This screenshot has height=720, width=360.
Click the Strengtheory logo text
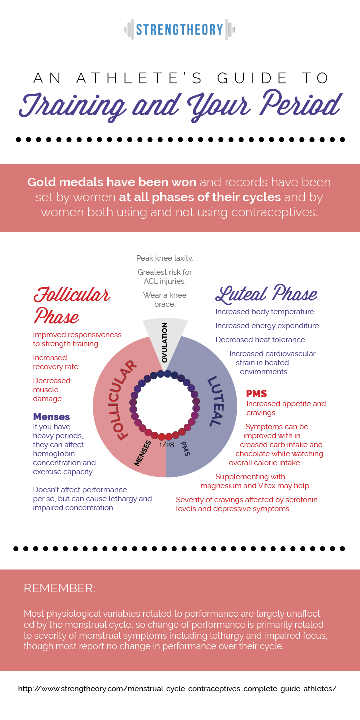[179, 29]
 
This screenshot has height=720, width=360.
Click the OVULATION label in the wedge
[165, 342]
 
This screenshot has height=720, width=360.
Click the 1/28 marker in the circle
[167, 445]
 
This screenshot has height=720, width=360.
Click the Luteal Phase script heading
[266, 295]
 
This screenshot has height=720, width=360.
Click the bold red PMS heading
[257, 394]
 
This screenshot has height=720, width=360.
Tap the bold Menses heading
[51, 417]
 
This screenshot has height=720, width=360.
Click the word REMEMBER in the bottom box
[59, 588]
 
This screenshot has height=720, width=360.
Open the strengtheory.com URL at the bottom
[177, 688]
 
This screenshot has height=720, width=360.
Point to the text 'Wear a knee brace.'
[165, 299]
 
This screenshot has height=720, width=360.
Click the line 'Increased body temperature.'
[265, 312]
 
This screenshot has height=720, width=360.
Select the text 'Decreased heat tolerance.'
[261, 340]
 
